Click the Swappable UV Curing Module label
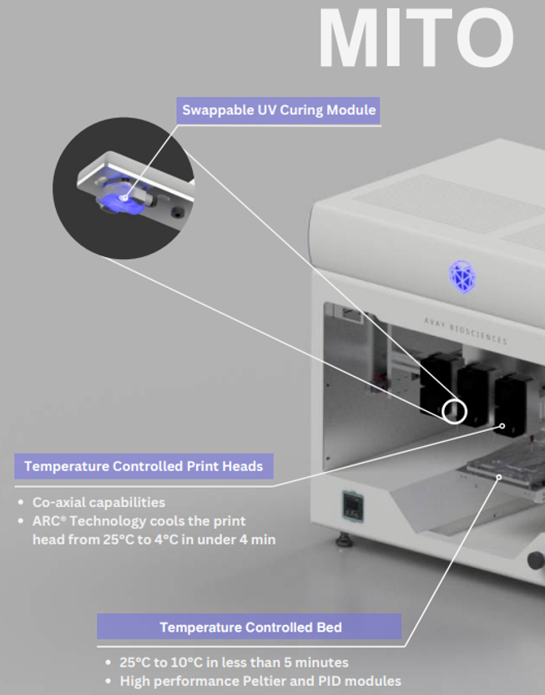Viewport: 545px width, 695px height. [280, 110]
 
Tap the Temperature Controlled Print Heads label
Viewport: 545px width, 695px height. [144, 466]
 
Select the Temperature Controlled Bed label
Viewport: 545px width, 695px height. [250, 627]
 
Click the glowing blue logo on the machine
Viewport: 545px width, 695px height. [462, 275]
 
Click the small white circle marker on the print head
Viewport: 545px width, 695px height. [453, 411]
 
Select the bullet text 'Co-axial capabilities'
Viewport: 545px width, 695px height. [98, 503]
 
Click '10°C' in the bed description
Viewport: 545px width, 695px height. [191, 662]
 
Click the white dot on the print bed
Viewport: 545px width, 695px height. [499, 477]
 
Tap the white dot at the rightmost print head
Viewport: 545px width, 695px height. [503, 425]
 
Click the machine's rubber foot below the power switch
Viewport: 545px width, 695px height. [344, 540]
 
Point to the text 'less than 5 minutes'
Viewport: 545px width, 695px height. [280, 662]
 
